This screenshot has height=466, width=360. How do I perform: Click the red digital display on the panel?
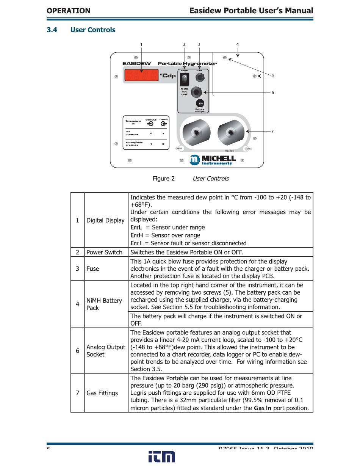coord(141,75)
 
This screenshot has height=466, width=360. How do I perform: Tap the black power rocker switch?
coord(185,78)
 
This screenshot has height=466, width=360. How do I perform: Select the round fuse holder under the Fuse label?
coord(199,78)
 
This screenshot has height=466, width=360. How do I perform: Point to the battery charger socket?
coord(200,103)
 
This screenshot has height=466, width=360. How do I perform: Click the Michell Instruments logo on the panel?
coord(213,160)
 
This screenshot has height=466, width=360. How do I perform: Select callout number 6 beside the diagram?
coord(272,93)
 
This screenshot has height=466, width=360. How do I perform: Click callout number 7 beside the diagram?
coord(272,132)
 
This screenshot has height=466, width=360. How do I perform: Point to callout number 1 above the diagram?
coord(141,45)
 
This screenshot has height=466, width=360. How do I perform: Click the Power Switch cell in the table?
coord(104,252)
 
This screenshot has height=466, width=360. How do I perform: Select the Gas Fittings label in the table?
coord(102,393)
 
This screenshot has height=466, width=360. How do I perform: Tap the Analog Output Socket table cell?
coord(105,351)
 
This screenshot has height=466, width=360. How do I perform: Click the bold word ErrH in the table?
coord(136,235)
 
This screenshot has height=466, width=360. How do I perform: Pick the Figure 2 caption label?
coord(163,179)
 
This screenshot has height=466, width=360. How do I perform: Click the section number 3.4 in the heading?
coord(52,30)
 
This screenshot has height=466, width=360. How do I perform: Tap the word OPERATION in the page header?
coord(69,11)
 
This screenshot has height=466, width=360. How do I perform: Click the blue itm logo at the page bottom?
coord(162,457)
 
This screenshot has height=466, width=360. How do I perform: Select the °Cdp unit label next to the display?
coord(167,75)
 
